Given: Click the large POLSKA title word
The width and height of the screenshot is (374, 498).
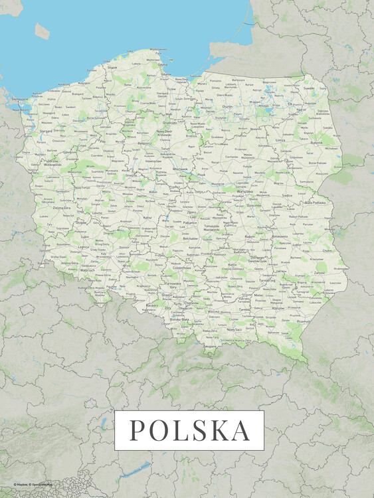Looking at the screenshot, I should click(x=189, y=430).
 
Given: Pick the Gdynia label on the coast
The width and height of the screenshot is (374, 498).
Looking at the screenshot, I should click(x=163, y=65).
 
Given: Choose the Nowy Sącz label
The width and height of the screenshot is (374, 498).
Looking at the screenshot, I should click(x=234, y=330).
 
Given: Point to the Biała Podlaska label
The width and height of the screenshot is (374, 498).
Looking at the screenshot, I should click(x=316, y=202).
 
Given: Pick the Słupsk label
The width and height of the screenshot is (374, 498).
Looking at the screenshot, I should click(x=112, y=68).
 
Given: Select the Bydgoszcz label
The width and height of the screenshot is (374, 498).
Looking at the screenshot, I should click(x=143, y=142).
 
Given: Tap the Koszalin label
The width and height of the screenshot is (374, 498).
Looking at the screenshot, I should click(x=84, y=84).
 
